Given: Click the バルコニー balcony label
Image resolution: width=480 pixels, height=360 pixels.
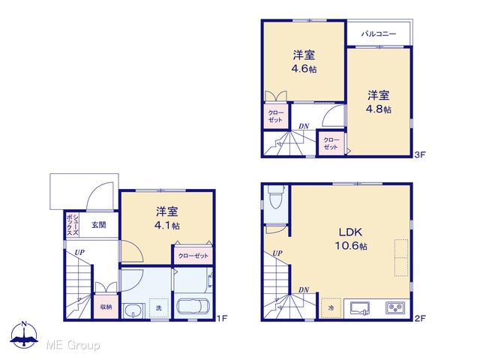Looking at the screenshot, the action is (379, 34).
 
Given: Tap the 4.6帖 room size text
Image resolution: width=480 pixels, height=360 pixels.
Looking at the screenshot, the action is (304, 69).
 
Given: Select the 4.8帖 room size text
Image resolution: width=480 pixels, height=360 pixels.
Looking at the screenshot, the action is (379, 109).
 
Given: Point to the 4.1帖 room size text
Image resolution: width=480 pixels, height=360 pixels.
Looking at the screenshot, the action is (166, 226).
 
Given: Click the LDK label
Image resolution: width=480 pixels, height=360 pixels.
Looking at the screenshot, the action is (351, 232).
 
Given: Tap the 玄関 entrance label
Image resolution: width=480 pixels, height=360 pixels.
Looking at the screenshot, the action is (99, 225).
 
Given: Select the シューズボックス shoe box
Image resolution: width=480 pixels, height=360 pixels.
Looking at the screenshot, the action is (73, 225).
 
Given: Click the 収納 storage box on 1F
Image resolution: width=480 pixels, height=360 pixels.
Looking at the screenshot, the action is (106, 306).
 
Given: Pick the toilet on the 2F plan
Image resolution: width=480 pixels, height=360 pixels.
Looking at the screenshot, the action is (276, 196).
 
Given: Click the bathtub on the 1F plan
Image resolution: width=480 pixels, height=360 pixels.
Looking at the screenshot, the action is (193, 306).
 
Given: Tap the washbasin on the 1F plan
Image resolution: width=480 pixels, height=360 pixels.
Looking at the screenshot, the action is (133, 310).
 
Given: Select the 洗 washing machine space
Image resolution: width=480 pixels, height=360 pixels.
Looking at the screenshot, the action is (159, 308).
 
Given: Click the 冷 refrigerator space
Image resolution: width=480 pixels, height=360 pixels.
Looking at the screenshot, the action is (331, 308).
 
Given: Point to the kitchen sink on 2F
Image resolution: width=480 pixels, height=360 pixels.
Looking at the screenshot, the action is (360, 308).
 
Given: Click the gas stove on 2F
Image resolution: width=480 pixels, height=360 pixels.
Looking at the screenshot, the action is (395, 307).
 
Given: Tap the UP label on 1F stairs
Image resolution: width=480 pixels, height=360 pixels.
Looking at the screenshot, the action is (79, 253).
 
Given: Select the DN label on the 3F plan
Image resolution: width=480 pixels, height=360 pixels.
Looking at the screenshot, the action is (304, 126).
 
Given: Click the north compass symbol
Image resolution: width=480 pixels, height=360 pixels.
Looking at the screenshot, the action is (24, 334).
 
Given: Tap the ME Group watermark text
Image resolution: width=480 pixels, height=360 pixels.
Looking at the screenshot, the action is (73, 345).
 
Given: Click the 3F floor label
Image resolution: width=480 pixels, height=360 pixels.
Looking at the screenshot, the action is (420, 154).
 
